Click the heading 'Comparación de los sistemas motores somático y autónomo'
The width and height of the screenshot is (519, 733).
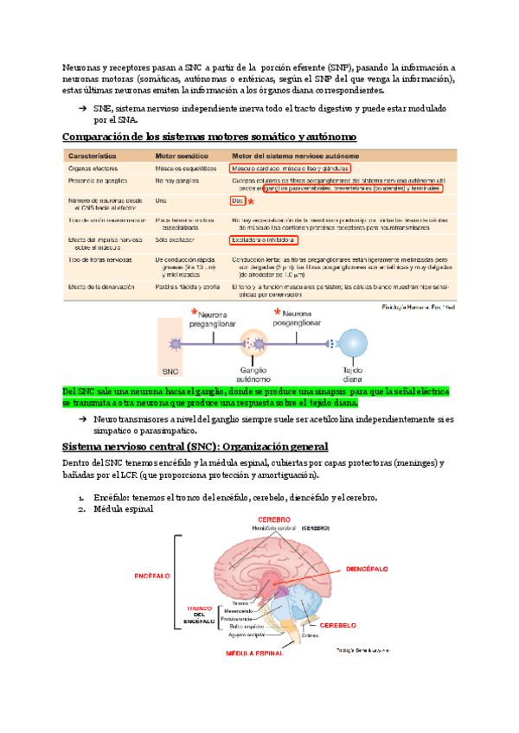[x=208, y=137]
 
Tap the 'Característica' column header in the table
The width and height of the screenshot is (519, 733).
[x=96, y=154]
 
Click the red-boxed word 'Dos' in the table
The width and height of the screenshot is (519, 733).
[x=237, y=200]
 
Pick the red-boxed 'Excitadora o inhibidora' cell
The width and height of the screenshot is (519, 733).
[x=263, y=239]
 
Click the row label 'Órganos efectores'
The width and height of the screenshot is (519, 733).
[x=94, y=168]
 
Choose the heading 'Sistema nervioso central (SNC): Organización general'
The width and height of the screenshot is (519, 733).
[x=195, y=446]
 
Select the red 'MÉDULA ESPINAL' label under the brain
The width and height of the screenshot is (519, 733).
[x=254, y=654]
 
